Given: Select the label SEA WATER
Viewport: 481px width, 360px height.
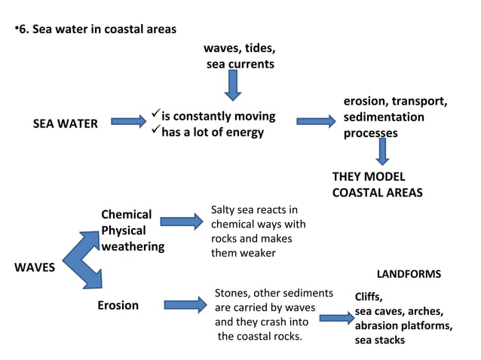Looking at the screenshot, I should (x=66, y=124).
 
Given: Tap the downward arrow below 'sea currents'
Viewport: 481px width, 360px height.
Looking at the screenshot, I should (x=234, y=85).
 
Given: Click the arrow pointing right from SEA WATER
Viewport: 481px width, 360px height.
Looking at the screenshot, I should (x=129, y=121).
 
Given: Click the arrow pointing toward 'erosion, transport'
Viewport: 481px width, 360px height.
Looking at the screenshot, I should (x=315, y=121).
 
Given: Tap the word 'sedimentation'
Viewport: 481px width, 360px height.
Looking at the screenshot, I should (x=384, y=117).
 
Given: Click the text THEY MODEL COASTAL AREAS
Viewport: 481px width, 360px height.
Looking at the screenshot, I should (x=377, y=185).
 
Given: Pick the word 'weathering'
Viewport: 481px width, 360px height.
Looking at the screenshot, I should (x=133, y=246).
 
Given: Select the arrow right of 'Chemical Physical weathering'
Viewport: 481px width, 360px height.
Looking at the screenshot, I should (x=183, y=221).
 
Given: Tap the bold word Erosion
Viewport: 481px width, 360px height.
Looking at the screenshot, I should (x=118, y=305).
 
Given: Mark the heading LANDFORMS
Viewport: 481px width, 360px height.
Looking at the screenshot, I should (x=408, y=274).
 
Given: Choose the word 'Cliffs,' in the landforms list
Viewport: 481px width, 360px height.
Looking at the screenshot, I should (x=373, y=297).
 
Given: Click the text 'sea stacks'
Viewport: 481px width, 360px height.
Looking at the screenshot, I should (x=380, y=340).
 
